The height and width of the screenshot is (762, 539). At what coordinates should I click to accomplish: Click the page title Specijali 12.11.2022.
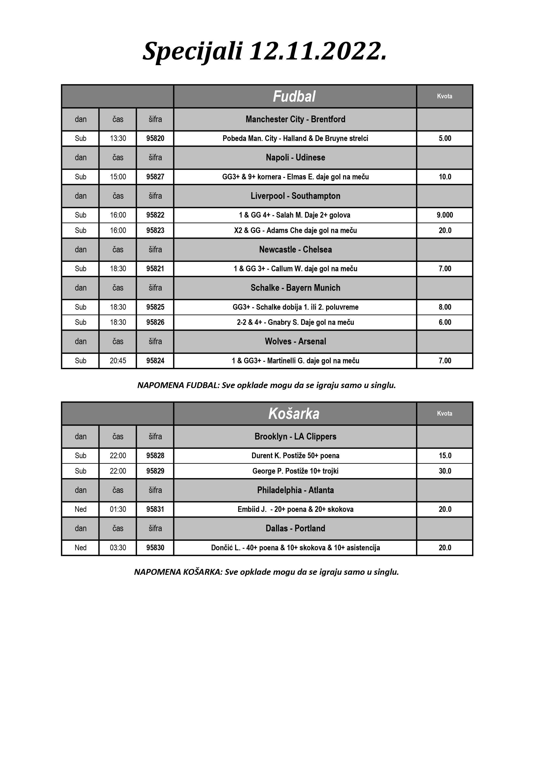(x=265, y=51)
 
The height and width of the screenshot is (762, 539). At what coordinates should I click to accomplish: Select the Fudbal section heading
(x=294, y=97)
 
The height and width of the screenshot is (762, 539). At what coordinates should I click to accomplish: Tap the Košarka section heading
(x=294, y=413)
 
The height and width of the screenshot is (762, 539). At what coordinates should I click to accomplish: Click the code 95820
(x=155, y=138)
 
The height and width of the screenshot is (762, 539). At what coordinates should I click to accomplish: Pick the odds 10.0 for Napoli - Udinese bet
(x=445, y=177)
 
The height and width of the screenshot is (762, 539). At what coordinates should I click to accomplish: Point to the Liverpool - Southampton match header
(x=295, y=196)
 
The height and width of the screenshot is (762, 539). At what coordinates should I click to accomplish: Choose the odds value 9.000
(x=445, y=215)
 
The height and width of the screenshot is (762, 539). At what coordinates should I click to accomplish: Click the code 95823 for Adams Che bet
(x=155, y=230)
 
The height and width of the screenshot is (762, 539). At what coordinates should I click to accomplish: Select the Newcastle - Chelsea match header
(x=295, y=250)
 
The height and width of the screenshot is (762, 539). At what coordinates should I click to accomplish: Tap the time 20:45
(x=118, y=361)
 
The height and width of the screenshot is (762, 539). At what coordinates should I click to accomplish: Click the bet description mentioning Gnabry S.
(x=295, y=322)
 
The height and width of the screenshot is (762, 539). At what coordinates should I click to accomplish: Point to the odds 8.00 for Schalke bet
(x=445, y=307)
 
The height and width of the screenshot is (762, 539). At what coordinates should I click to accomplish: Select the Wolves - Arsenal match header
(x=295, y=342)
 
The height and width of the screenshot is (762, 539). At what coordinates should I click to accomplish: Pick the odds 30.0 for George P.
(x=445, y=471)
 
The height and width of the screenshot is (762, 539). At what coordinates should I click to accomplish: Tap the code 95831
(x=155, y=509)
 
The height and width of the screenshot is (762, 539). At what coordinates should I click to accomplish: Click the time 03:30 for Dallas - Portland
(x=118, y=548)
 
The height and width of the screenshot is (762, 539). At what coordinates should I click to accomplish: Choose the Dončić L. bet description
(x=295, y=548)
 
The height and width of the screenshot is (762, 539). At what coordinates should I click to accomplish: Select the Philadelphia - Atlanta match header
(x=295, y=490)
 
